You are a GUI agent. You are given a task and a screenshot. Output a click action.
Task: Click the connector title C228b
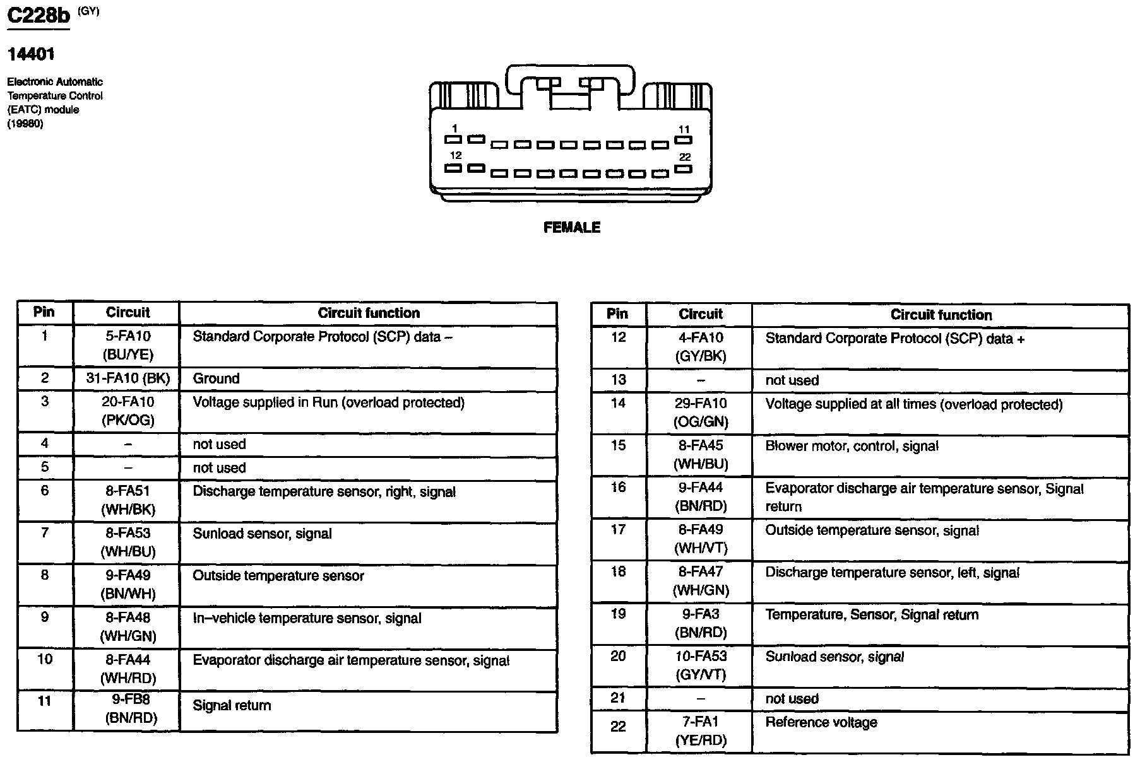[38, 17]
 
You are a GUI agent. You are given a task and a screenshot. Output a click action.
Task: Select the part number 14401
[31, 55]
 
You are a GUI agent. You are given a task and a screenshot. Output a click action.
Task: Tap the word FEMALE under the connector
[571, 228]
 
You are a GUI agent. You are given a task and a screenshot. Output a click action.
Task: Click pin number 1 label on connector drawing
[454, 129]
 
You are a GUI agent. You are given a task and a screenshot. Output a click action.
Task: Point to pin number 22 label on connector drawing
[685, 157]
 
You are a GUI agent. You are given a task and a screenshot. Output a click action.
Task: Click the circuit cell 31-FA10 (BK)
[128, 378]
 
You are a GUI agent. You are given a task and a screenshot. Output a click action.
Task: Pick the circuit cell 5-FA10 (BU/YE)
[128, 346]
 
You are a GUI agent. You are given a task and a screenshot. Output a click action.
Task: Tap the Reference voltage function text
[821, 723]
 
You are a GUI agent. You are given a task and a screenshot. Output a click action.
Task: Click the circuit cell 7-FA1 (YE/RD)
[701, 731]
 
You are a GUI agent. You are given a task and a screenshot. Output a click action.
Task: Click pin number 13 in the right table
[618, 380]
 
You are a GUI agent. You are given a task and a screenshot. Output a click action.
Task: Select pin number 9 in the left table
[44, 618]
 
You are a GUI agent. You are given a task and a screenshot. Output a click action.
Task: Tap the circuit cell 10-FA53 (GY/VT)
[701, 665]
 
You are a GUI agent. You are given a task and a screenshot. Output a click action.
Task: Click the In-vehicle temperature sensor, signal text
[307, 619]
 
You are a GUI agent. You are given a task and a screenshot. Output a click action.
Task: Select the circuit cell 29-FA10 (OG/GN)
[701, 413]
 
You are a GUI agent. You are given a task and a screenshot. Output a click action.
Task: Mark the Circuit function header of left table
[368, 313]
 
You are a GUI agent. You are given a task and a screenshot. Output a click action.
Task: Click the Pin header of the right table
[617, 314]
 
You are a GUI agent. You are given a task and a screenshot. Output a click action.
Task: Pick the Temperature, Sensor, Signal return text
[872, 615]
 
